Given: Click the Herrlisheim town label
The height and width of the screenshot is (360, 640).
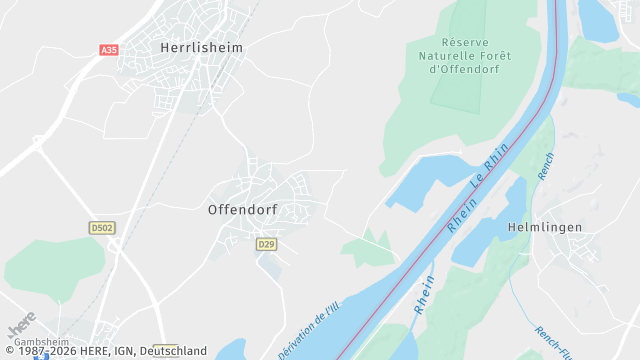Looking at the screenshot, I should click(x=201, y=47).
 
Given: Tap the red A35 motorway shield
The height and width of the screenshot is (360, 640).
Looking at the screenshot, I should click(x=109, y=49).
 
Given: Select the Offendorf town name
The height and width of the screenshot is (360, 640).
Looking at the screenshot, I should click(x=242, y=210).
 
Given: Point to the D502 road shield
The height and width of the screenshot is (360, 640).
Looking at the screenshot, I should click(x=102, y=228).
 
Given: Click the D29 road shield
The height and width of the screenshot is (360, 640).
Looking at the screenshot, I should click(x=265, y=244).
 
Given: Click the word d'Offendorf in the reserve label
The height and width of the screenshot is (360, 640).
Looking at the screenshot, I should click(x=463, y=70).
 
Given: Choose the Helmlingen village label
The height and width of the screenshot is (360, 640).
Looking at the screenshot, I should click(x=545, y=227).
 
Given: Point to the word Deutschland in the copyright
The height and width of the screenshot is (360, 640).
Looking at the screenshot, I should click(x=173, y=351).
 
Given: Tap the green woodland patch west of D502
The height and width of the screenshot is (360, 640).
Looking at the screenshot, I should click(x=50, y=265).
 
